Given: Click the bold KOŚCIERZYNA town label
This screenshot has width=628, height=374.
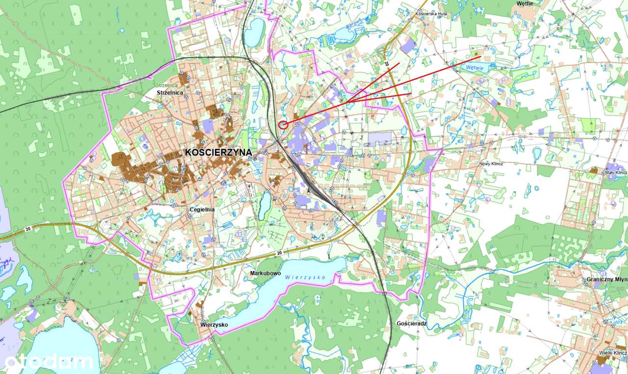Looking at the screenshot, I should [219, 153].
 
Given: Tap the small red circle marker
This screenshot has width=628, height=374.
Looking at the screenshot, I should [283, 125].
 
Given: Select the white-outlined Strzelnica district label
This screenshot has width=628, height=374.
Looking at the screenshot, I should [170, 92].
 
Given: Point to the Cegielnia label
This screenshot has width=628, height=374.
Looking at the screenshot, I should [202, 210].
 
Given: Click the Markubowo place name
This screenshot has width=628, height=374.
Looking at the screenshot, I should [265, 273].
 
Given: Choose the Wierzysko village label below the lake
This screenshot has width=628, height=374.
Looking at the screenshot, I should [214, 325].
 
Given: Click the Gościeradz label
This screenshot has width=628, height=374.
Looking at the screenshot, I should [411, 324].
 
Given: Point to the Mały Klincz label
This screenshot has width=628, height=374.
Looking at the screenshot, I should [616, 173].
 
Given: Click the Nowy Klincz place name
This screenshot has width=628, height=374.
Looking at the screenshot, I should [491, 163].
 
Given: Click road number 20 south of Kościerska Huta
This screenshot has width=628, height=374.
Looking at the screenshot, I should [386, 64].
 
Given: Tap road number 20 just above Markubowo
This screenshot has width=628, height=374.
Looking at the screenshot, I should [279, 253].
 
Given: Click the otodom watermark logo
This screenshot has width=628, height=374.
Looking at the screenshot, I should [48, 362].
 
